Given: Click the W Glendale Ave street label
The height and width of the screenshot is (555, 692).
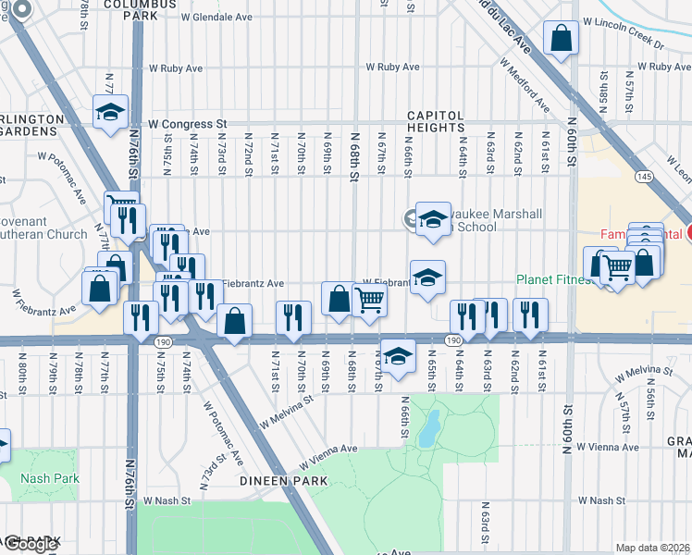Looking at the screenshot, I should [x=216, y=17].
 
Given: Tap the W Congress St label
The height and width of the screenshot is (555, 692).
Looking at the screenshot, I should [x=187, y=123].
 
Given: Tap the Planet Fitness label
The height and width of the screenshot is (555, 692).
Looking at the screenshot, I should [x=551, y=280].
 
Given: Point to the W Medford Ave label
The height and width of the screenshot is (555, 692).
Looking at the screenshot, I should [x=523, y=87].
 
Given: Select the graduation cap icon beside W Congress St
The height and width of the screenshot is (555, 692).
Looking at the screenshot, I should [x=110, y=112].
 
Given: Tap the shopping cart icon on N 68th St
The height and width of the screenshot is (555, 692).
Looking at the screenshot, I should [x=369, y=300].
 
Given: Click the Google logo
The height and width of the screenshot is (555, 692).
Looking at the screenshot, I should [x=31, y=545].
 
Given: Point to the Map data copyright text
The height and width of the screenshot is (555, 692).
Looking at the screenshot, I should [x=652, y=548].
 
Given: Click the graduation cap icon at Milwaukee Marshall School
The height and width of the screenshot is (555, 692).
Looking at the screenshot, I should [x=430, y=218].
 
